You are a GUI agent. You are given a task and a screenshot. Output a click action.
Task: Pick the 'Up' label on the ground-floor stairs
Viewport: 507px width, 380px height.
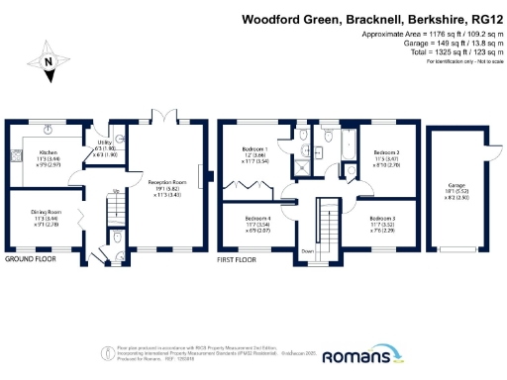click(x=118, y=191)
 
